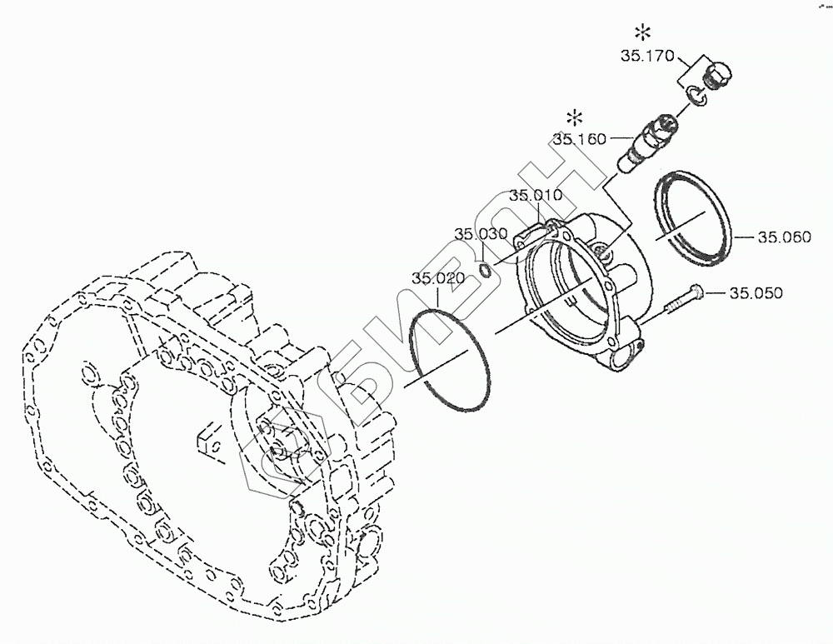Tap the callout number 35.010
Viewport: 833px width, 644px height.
click(x=536, y=197)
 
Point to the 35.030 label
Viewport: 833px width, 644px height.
click(x=481, y=234)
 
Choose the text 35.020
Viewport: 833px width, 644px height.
click(x=437, y=278)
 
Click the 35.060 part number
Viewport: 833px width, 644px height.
click(x=784, y=237)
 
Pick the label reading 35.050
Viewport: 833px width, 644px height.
click(x=756, y=293)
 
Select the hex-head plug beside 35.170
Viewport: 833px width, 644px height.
click(x=716, y=77)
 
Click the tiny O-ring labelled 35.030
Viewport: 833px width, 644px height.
click(x=485, y=268)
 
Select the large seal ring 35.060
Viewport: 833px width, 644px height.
click(x=691, y=218)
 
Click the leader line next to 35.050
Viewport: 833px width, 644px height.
click(x=716, y=293)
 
